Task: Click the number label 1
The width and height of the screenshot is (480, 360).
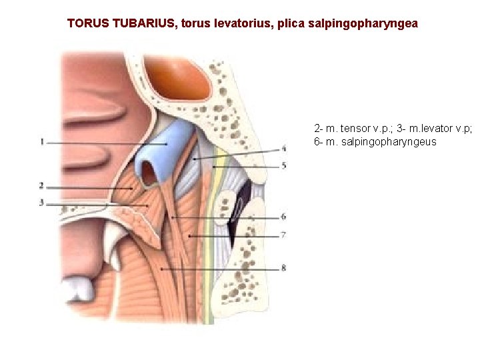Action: point(41,142)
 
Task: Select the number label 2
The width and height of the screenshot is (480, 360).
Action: point(41,186)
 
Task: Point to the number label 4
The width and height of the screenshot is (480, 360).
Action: point(283,149)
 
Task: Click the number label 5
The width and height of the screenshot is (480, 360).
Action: point(283,165)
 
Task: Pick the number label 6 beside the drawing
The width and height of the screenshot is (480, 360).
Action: point(283,217)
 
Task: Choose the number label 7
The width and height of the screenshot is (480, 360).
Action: point(283,235)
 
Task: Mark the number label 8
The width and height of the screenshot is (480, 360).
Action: point(283,268)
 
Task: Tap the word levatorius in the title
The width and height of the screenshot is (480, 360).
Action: point(229,23)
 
